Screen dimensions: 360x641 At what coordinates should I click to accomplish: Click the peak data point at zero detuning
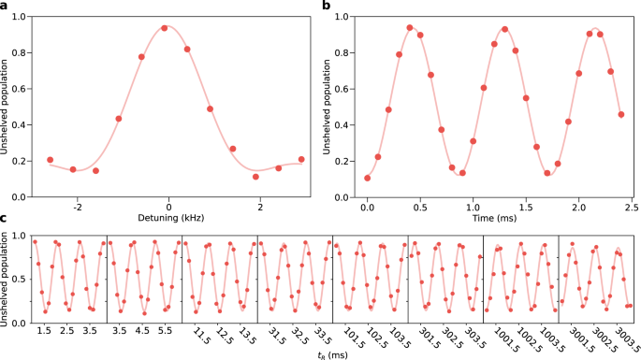165,28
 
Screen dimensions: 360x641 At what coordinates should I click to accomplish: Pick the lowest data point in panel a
255,177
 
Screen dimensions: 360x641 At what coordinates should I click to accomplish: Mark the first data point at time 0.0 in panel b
368,178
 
